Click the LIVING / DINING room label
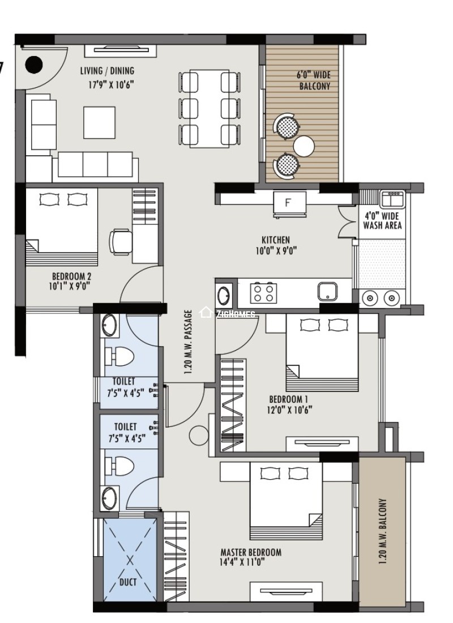(x=107, y=71)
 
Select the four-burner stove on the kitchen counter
(x=264, y=293)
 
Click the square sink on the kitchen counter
(x=327, y=292)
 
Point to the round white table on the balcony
(x=304, y=146)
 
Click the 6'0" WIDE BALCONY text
(x=314, y=80)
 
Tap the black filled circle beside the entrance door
(x=35, y=65)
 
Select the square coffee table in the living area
(x=100, y=122)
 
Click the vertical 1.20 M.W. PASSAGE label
(x=189, y=341)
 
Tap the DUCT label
(x=128, y=582)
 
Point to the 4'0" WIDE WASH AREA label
(x=382, y=221)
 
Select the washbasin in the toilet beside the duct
(x=110, y=499)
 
